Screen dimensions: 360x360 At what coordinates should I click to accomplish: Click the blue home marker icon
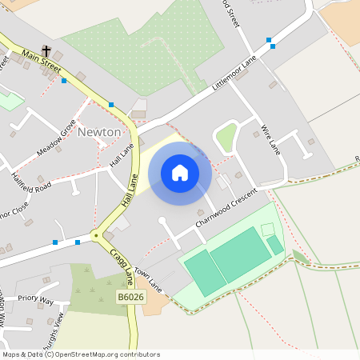click(180, 173)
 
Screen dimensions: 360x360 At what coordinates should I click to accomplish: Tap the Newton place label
click(99, 131)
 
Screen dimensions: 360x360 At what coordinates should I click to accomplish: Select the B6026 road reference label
click(131, 298)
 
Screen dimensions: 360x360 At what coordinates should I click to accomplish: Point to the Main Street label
click(42, 63)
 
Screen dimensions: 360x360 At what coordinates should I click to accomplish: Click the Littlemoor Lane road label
click(233, 76)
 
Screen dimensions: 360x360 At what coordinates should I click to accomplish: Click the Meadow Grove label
click(55, 138)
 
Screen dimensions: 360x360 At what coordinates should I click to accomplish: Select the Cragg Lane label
click(121, 266)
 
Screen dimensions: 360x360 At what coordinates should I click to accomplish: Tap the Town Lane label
click(149, 279)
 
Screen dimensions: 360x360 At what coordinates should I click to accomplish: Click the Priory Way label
click(35, 301)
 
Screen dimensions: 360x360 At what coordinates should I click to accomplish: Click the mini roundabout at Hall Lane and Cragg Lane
click(95, 235)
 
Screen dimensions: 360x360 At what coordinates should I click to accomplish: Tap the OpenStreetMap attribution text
click(80, 354)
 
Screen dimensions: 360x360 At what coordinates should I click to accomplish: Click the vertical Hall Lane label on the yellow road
click(126, 193)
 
